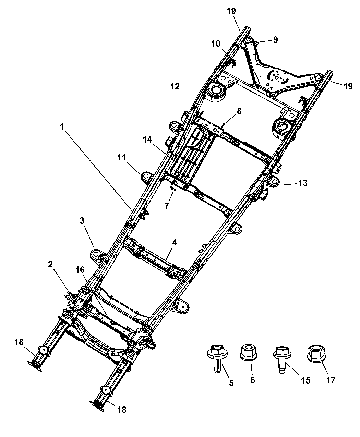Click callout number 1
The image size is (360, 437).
[x=62, y=127]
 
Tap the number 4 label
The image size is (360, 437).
[x=175, y=243]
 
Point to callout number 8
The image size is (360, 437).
[x=239, y=111]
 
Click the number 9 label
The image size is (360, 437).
[x=275, y=40]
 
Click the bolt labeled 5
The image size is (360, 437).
[x=215, y=356]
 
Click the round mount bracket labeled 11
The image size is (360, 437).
[x=145, y=177]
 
